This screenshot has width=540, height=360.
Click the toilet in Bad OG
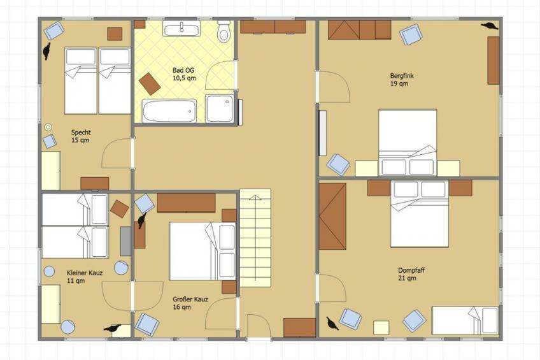(224, 31)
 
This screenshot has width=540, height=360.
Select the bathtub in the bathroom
(169, 111)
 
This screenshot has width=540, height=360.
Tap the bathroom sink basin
(181, 28)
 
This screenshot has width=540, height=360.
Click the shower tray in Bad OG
(219, 108)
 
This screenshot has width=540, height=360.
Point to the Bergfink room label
(402, 75)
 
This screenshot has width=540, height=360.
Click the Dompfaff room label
(411, 270)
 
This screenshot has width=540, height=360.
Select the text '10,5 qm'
(184, 78)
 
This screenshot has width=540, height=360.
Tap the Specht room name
(81, 132)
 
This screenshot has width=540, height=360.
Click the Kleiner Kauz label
(85, 273)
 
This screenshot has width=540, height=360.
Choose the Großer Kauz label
(190, 299)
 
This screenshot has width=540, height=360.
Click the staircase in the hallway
(255, 238)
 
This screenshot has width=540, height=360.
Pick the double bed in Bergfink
(408, 142)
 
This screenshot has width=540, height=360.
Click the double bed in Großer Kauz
(202, 251)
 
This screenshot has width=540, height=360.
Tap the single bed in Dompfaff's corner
(465, 320)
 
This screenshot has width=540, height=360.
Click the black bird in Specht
(46, 51)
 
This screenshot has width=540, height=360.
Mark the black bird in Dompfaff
(332, 324)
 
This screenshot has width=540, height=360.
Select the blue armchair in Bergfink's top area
(411, 34)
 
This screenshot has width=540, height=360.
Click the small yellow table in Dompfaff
(381, 328)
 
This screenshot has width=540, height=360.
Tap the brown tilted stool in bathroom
(150, 83)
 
